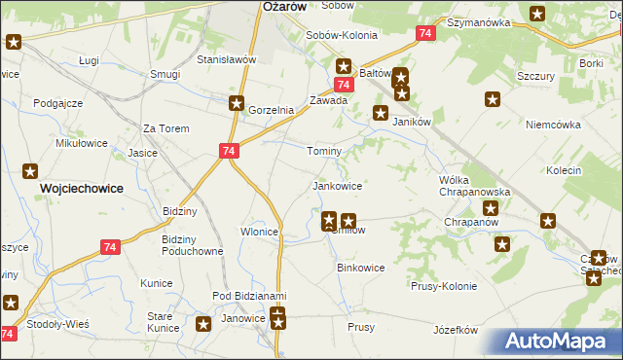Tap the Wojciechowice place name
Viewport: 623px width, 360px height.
81,189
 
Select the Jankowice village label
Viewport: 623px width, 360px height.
337,185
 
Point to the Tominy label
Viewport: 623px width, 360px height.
324,152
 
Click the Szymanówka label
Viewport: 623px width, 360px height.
479,21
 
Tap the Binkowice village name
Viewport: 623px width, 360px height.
360,267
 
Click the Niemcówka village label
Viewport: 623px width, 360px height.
553,125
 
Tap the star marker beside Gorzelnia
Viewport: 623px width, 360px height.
237,103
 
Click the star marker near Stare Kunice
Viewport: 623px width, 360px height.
203,325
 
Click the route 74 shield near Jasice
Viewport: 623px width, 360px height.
228,152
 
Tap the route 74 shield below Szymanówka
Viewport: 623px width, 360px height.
423,34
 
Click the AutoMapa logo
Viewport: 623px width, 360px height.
560,341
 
